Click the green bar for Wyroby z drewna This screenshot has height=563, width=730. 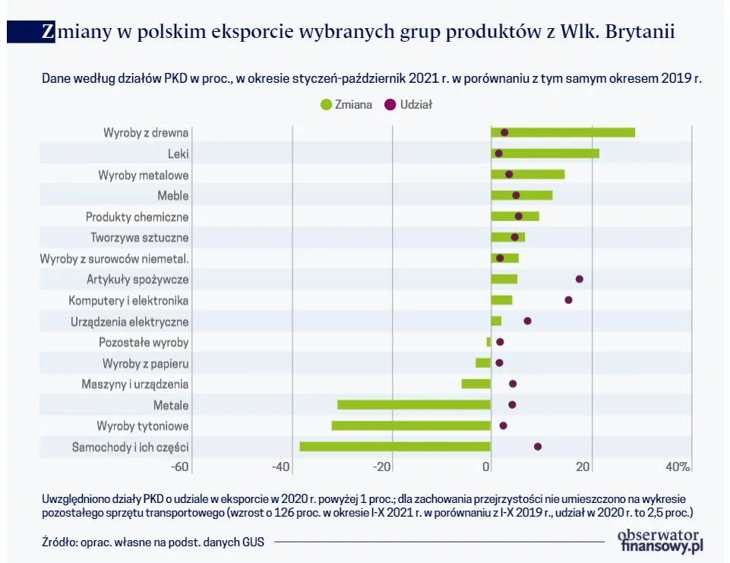pos(563,132)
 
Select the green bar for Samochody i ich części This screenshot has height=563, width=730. pos(395,447)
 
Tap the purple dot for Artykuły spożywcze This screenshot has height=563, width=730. pos(580,279)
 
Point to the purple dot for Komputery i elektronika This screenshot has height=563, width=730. pos(568,300)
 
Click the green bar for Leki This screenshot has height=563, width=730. pos(545,153)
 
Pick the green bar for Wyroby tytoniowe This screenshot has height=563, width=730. pos(411,425)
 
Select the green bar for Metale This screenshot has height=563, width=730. pos(414,405)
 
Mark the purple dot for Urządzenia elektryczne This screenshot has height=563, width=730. pos(527,321)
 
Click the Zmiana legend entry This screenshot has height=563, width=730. pos(346,105)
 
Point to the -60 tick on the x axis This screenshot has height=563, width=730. pos(181,467)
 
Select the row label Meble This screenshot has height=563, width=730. pos(172,195)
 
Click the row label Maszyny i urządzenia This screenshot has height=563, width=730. pos(135,384)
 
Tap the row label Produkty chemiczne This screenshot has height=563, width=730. pos(137,217)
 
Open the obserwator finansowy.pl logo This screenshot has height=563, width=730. pos(662,539)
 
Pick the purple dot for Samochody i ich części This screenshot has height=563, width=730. pos(538,447)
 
